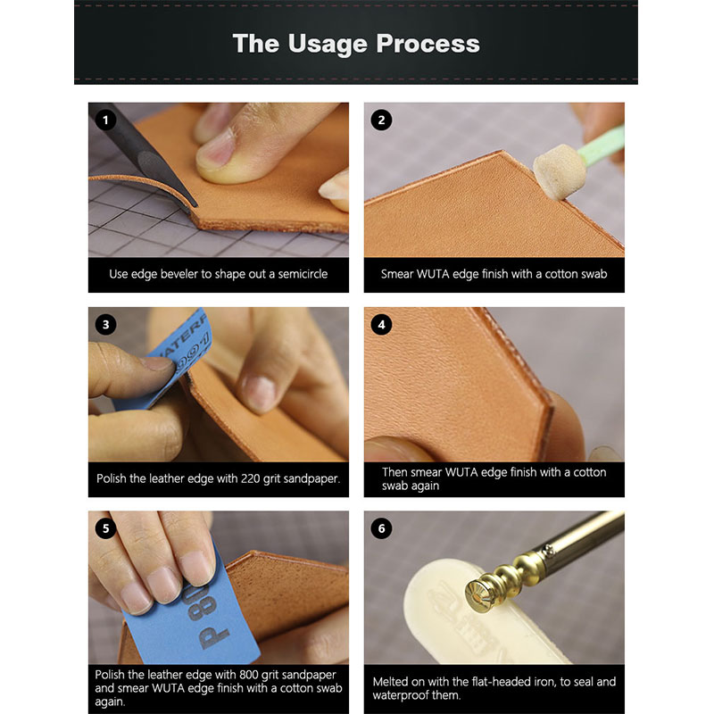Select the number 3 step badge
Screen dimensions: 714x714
[107, 325]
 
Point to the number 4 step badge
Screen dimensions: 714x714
[382, 325]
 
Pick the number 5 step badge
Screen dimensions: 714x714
[107, 528]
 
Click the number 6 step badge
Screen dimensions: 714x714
[382, 528]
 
